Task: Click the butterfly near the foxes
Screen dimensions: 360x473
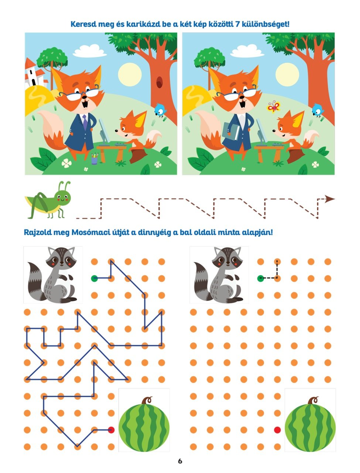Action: [x=273, y=106]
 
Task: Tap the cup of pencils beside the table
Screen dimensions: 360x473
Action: [x=95, y=159]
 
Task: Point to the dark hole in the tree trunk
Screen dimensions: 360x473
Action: [x=159, y=82]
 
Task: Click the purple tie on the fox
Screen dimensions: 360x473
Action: [x=85, y=122]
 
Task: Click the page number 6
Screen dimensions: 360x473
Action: [x=180, y=461]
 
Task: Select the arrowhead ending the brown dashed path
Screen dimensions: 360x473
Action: [x=329, y=199]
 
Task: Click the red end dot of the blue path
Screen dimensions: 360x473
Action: [x=111, y=430]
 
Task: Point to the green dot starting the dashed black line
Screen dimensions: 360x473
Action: [x=261, y=278]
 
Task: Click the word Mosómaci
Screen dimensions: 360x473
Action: [x=91, y=232]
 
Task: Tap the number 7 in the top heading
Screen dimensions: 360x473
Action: [x=237, y=24]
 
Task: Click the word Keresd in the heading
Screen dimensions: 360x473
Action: [x=83, y=24]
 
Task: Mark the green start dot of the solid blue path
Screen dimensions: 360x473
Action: [x=94, y=278]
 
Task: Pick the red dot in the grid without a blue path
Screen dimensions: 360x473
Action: [x=277, y=430]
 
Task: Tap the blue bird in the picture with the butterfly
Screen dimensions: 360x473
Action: [x=318, y=110]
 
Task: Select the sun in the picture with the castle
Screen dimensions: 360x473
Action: [x=130, y=75]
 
